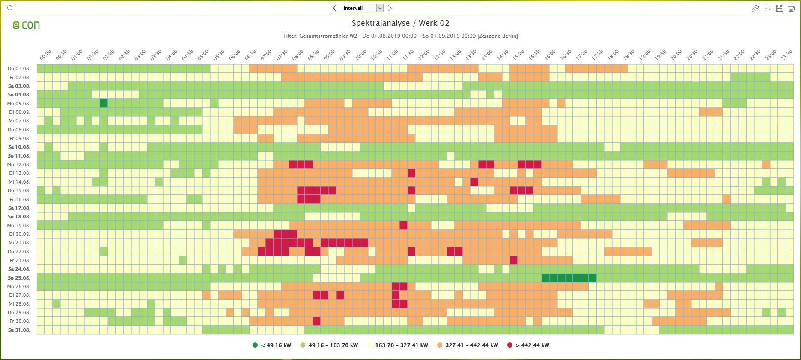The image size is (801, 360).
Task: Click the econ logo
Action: click(26, 25)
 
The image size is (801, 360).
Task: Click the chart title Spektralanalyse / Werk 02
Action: click(400, 23)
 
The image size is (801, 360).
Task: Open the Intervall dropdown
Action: click(379, 8)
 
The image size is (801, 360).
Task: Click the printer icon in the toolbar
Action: click(791, 8)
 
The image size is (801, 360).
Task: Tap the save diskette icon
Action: click(780, 8)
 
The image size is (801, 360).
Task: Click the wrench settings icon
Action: click(755, 8)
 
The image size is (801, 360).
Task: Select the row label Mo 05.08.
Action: click(19, 104)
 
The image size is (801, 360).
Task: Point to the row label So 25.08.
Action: click(19, 278)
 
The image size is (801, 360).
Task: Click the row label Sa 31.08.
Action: click(19, 330)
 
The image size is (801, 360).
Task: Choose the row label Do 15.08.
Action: click(19, 190)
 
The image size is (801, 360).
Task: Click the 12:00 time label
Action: click(424, 55)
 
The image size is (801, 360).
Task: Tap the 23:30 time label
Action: click(786, 55)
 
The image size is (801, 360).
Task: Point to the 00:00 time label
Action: click(45, 55)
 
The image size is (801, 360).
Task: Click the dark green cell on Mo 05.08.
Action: click(104, 104)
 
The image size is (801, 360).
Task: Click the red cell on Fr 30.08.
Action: click(317, 321)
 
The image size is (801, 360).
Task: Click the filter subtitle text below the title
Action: click(400, 36)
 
